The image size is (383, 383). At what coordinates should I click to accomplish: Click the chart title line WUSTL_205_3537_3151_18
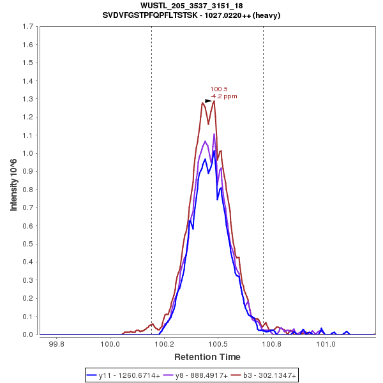tap(191, 6)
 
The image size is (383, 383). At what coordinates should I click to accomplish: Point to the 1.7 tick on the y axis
tap(29, 27)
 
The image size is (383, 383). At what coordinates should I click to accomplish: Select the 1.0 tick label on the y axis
tap(29, 153)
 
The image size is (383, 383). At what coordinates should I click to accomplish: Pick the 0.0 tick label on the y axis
tap(29, 334)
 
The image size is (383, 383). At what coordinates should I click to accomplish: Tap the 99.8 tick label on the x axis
tap(57, 345)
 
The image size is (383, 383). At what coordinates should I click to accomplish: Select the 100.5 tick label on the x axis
tap(218, 345)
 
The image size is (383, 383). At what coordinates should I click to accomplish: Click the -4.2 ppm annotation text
tap(223, 96)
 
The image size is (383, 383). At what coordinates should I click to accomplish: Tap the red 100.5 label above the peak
tap(219, 89)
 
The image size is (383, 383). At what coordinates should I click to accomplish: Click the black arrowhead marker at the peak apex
tap(209, 100)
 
